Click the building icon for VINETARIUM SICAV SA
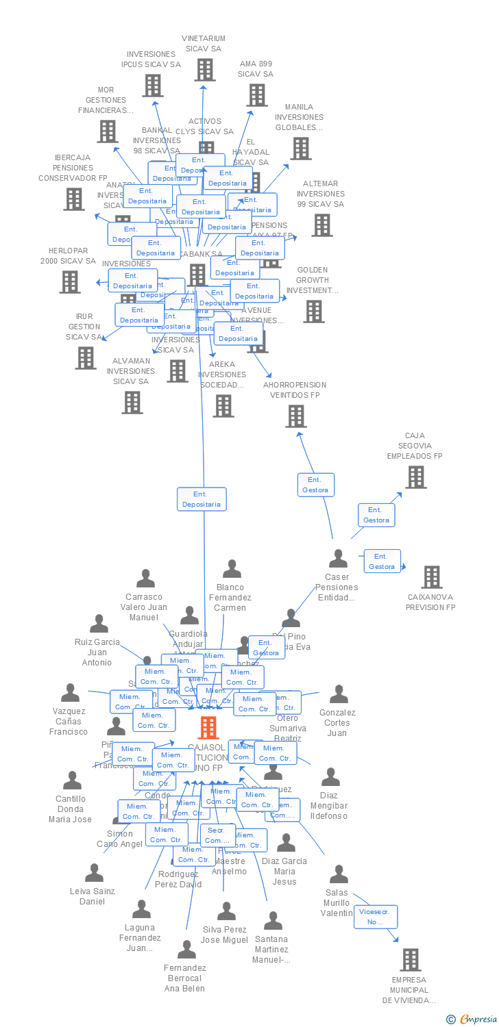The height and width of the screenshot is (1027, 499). (204, 69)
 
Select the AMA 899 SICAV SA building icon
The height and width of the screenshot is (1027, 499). (257, 94)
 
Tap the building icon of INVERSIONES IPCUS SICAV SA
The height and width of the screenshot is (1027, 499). (152, 85)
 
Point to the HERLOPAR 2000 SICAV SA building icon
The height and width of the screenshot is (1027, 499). (69, 281)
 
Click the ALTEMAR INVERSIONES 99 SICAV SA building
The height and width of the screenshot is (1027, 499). (321, 225)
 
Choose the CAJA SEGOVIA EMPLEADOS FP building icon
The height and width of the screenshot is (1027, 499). (415, 477)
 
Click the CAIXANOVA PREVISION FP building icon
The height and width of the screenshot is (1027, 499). (431, 576)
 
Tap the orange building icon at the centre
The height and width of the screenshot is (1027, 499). (208, 727)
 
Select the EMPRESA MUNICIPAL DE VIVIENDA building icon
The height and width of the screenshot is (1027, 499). (410, 959)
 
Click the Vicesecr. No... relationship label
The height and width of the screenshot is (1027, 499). (376, 917)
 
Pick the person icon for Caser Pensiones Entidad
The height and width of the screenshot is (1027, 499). (338, 559)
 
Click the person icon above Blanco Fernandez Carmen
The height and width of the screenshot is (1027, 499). (232, 569)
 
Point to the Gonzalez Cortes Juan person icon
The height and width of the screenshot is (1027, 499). (339, 694)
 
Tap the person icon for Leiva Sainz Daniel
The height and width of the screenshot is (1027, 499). (94, 872)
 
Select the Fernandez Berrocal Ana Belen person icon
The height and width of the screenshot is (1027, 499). (186, 949)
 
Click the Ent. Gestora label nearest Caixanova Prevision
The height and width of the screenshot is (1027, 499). (382, 561)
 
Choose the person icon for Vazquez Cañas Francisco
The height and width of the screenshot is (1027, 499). (70, 693)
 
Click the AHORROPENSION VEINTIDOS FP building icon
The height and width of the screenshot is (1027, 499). (295, 416)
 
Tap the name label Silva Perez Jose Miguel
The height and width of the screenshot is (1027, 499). (226, 935)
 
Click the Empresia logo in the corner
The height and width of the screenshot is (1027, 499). (471, 1019)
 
